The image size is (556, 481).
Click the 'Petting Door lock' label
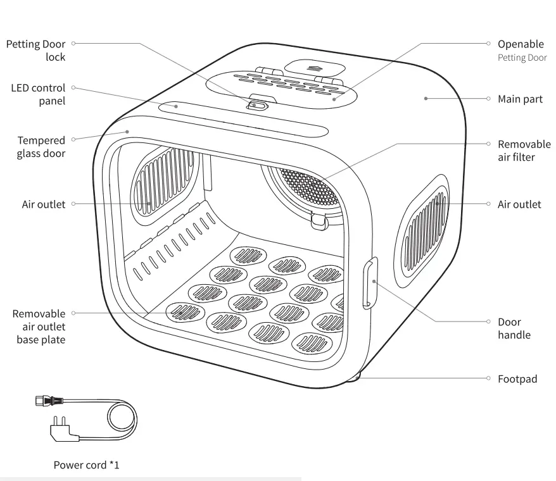tap(35, 51)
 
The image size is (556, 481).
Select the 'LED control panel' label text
tap(38, 94)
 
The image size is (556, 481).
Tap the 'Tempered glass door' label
tap(41, 147)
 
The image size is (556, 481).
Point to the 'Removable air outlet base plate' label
tap(39, 327)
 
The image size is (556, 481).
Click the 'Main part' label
tap(520, 99)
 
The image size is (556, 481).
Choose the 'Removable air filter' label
tap(524, 151)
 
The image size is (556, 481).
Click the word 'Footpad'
tap(517, 379)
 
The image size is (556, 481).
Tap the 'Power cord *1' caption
tap(86, 465)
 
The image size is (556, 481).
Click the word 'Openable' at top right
tap(521, 44)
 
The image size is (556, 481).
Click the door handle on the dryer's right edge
tap(370, 282)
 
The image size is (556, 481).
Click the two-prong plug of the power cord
tap(61, 428)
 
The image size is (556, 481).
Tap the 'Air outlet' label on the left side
tap(44, 204)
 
